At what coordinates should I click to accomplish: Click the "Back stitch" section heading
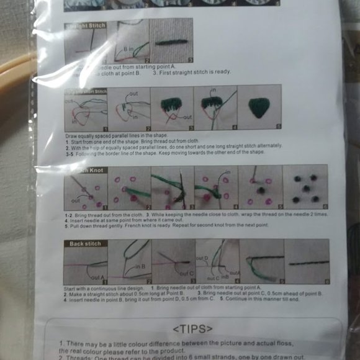pyautogui.click(x=86, y=244)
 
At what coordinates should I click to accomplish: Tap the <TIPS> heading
pyautogui.click(x=192, y=328)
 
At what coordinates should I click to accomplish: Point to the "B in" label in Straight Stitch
pyautogui.click(x=128, y=47)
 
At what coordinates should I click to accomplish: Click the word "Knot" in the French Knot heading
pyautogui.click(x=96, y=170)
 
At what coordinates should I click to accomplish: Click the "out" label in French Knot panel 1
pyautogui.click(x=76, y=200)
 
